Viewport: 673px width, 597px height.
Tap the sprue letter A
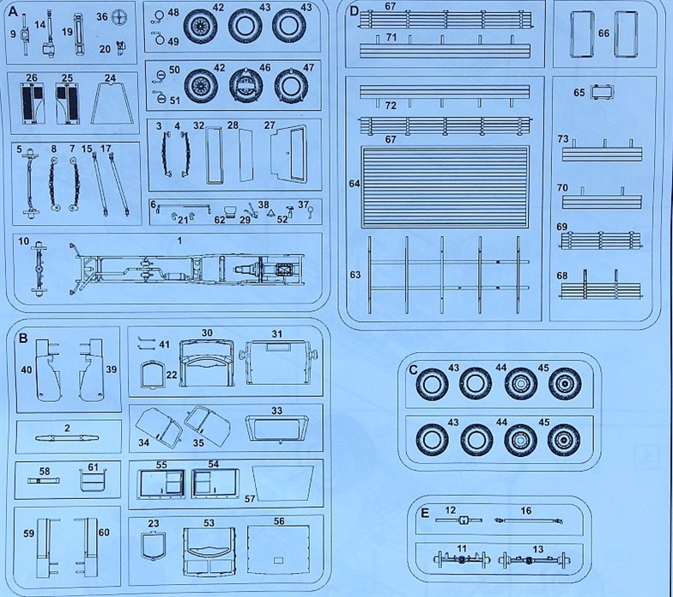13,12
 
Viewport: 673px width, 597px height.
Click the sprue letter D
354,11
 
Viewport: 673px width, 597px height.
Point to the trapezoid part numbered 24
110,103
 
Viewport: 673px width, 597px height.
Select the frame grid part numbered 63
448,274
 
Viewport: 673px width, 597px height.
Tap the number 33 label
276,411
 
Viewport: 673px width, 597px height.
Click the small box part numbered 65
601,92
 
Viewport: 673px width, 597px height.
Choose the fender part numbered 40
48,369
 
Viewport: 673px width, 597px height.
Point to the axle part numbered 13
534,560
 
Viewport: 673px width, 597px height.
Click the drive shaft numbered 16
527,521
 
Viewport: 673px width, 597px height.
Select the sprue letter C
414,369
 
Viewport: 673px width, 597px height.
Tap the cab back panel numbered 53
209,551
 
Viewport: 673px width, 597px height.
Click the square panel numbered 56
278,551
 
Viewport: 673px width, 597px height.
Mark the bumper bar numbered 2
67,438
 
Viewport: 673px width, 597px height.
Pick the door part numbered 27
289,153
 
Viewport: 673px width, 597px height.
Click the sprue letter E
425,514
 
